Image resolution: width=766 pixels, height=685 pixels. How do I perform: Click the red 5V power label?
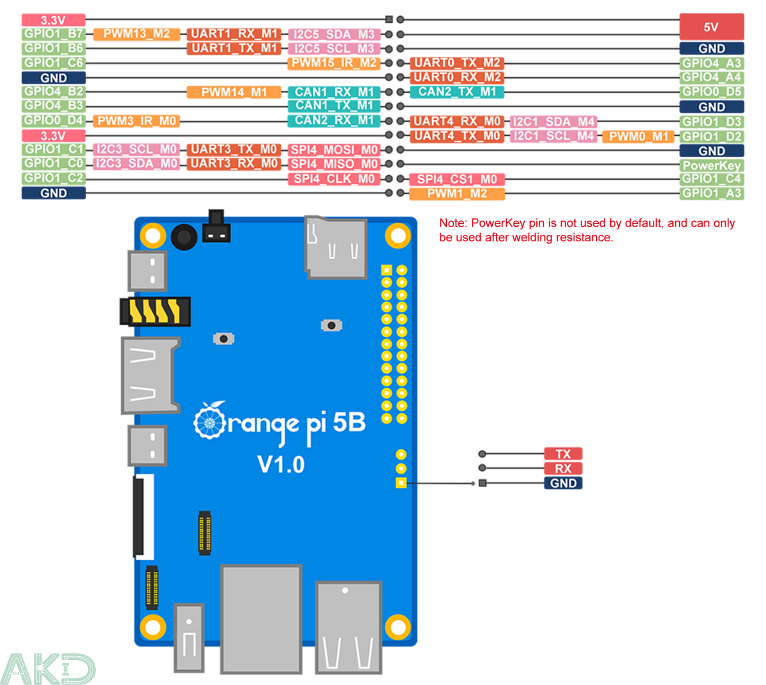711,27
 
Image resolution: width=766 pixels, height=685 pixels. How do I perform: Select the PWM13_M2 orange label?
137,34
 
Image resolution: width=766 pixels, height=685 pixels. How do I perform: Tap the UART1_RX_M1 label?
234,34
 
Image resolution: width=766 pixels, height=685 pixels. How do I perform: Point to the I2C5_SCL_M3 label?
334,49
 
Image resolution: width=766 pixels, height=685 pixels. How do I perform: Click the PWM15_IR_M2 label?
334,63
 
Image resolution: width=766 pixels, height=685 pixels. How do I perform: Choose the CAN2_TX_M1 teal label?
457,92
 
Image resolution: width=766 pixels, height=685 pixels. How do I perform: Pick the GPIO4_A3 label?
711,63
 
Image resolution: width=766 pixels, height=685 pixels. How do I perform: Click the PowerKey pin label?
711,165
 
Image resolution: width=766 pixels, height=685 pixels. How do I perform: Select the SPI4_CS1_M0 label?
457,179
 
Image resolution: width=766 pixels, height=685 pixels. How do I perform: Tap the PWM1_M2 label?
457,193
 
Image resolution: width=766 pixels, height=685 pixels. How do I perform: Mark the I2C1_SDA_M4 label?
553,121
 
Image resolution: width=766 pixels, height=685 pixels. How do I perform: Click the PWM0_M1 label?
638,137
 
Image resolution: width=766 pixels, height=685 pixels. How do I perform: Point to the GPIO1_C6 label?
54,63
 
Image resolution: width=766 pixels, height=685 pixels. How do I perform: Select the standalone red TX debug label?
562,454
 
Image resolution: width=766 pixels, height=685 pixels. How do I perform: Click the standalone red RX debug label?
562,469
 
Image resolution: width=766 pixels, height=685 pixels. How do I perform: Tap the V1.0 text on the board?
281,464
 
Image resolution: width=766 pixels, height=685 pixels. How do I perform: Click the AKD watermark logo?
48,668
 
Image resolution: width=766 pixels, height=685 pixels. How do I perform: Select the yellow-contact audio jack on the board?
155,312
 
